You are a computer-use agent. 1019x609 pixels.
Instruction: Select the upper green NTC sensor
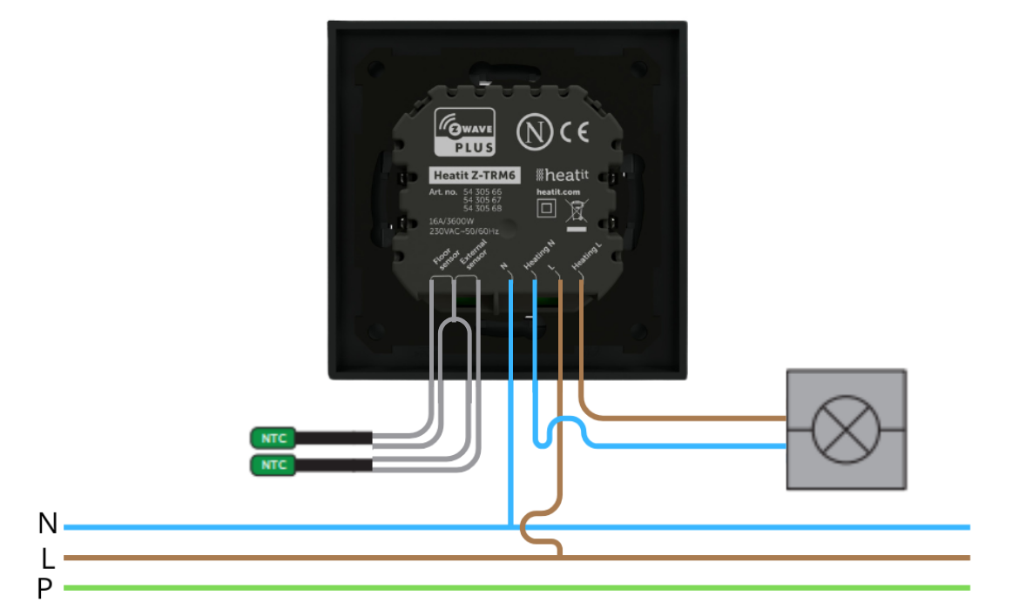coord(273,438)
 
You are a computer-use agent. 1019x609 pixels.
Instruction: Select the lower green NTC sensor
coord(273,465)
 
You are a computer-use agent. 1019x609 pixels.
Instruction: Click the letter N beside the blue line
coord(48,524)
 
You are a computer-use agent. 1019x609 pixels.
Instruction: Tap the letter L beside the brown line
coord(48,558)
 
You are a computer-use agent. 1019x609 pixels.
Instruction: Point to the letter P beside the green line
coord(45,590)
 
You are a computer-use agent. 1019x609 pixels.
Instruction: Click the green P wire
coord(523,587)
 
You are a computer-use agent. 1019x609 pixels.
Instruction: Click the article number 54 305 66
coord(483,190)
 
